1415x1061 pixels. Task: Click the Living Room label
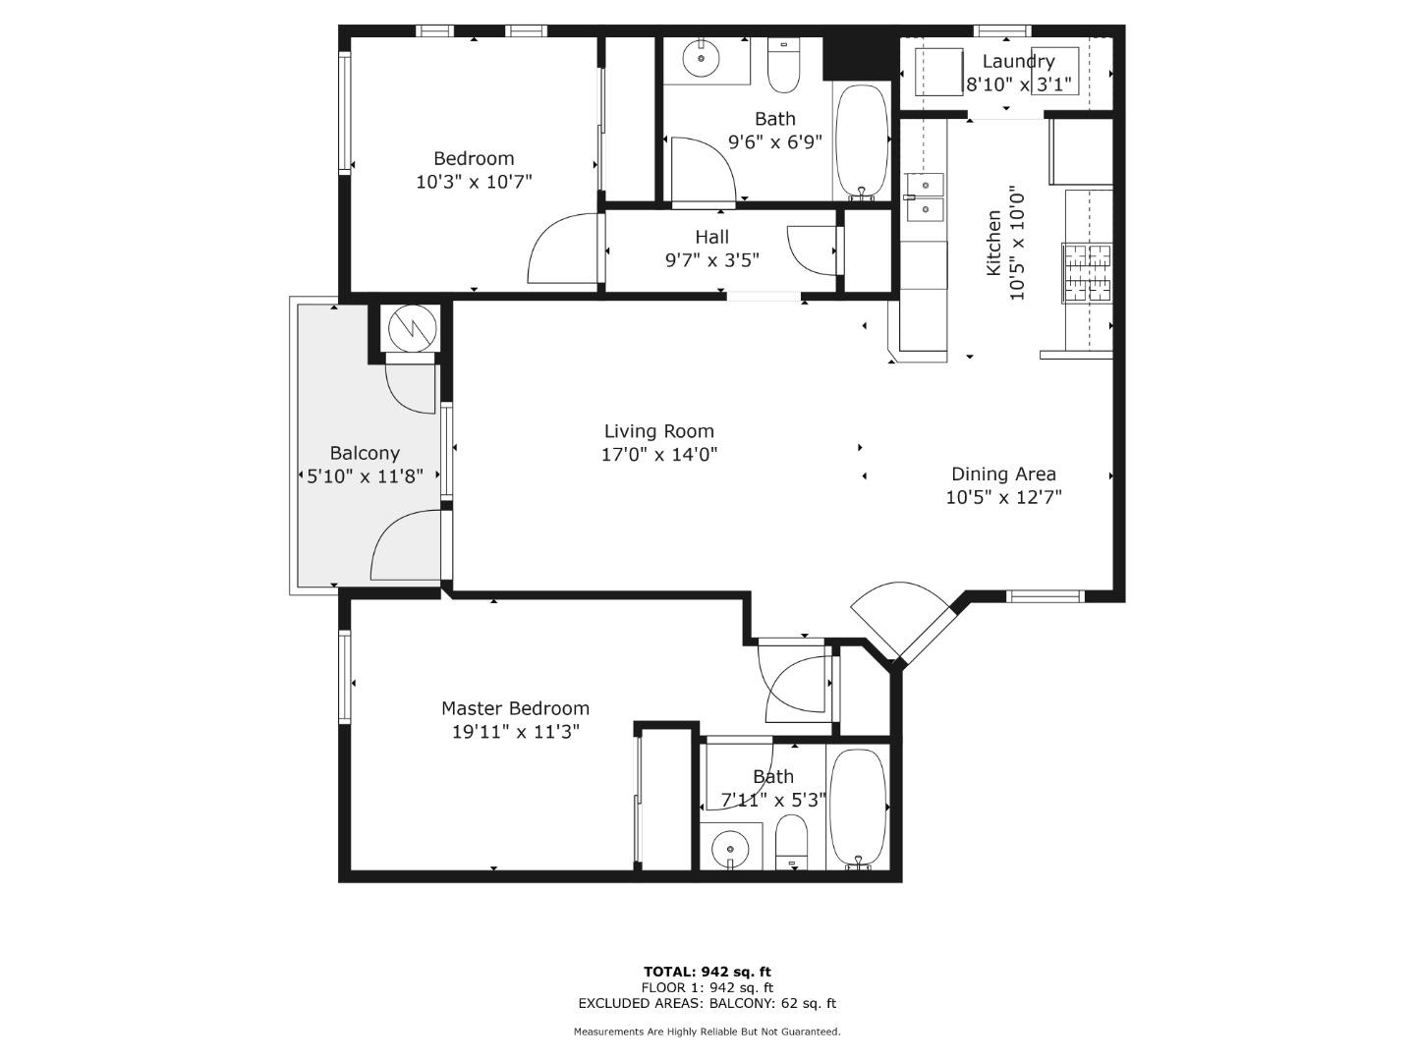pyautogui.click(x=658, y=431)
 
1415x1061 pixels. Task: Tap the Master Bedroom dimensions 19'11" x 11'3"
pyautogui.click(x=515, y=732)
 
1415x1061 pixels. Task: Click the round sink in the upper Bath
pyautogui.click(x=702, y=58)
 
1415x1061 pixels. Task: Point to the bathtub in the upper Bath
pyautogui.click(x=861, y=140)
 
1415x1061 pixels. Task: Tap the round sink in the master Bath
pyautogui.click(x=730, y=846)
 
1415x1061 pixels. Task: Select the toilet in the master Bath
pyautogui.click(x=791, y=844)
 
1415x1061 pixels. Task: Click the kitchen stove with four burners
pyautogui.click(x=1087, y=272)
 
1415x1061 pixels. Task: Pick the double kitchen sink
pyautogui.click(x=925, y=196)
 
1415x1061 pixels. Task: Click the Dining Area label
pyautogui.click(x=1003, y=474)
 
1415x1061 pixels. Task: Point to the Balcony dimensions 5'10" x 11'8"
pyautogui.click(x=364, y=476)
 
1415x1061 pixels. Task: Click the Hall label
pyautogui.click(x=711, y=237)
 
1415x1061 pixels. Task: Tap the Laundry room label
pyautogui.click(x=1018, y=62)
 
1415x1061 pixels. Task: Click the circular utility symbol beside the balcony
pyautogui.click(x=410, y=329)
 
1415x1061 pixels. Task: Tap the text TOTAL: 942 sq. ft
pyautogui.click(x=707, y=972)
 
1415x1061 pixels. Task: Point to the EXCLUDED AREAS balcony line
pyautogui.click(x=707, y=1003)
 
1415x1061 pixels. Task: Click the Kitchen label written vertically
pyautogui.click(x=993, y=243)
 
